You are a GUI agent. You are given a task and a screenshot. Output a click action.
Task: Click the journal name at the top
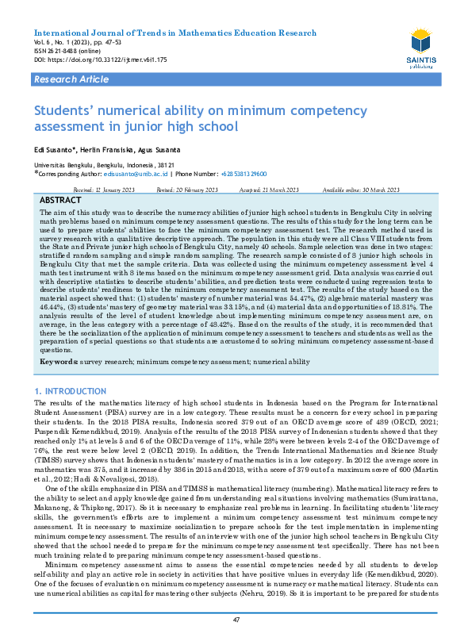point(175,33)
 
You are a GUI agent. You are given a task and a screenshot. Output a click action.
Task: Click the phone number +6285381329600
point(244,173)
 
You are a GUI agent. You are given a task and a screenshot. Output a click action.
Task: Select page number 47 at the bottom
point(236,620)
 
